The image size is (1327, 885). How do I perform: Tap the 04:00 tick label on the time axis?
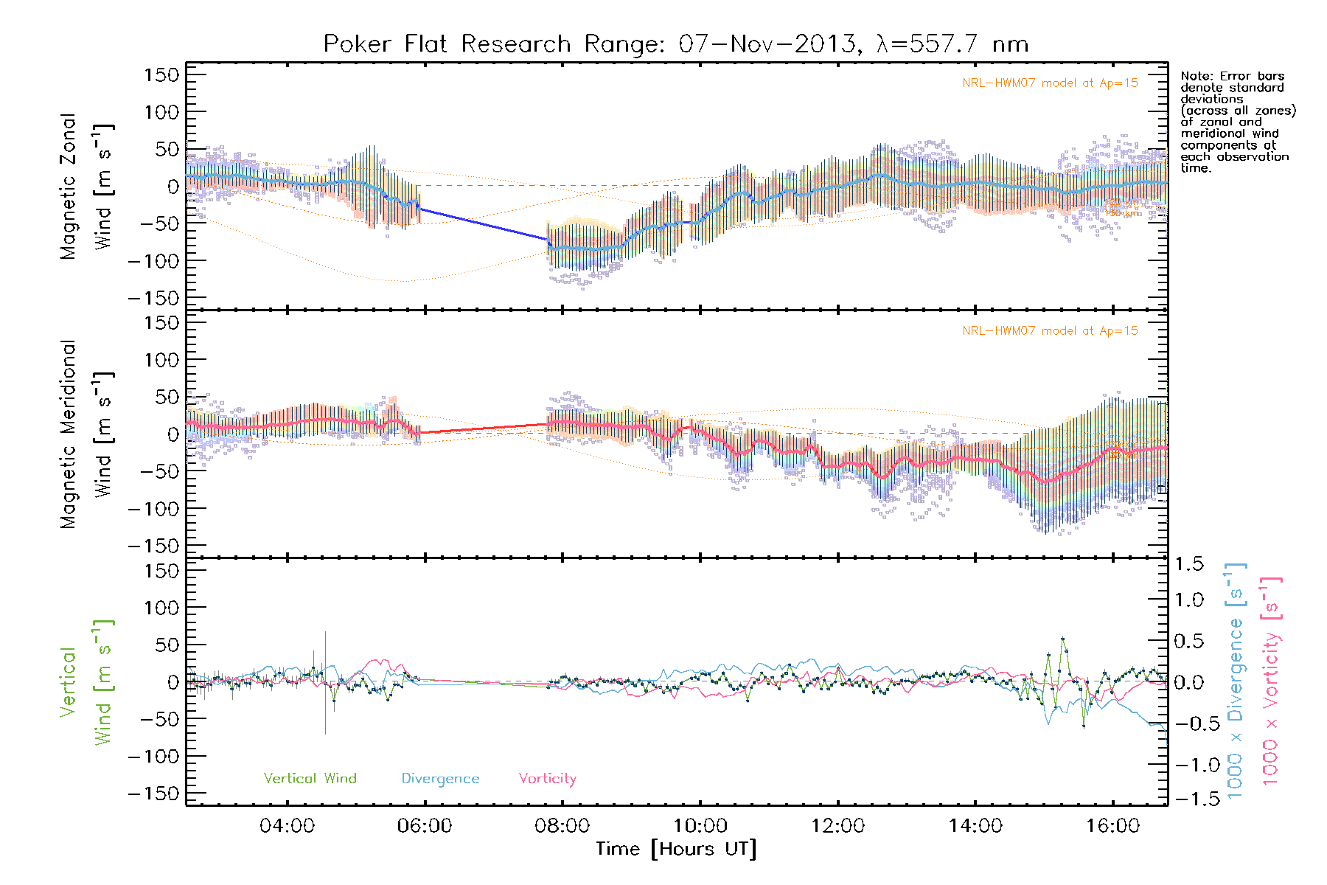click(287, 826)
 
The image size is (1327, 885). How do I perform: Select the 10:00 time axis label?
click(700, 826)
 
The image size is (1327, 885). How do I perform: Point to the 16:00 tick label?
click(1112, 826)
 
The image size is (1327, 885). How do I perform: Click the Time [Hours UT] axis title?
click(676, 850)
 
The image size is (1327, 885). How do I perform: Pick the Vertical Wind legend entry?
click(310, 779)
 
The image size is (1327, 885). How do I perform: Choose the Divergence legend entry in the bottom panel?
click(440, 779)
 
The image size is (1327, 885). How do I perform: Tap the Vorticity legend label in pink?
click(547, 779)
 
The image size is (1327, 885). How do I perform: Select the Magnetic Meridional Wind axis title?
click(87, 434)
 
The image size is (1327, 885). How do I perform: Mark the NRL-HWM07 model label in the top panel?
click(1050, 83)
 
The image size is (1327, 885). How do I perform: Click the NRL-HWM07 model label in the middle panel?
click(1050, 331)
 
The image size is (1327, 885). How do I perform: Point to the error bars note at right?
click(1237, 122)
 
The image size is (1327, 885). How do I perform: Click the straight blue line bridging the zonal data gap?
click(483, 224)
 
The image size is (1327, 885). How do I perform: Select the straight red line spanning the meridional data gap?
click(483, 428)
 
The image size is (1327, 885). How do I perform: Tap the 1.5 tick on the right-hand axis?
click(1188, 564)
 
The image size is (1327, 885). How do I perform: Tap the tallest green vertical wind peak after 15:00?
click(1062, 639)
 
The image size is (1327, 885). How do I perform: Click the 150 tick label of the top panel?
click(161, 74)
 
